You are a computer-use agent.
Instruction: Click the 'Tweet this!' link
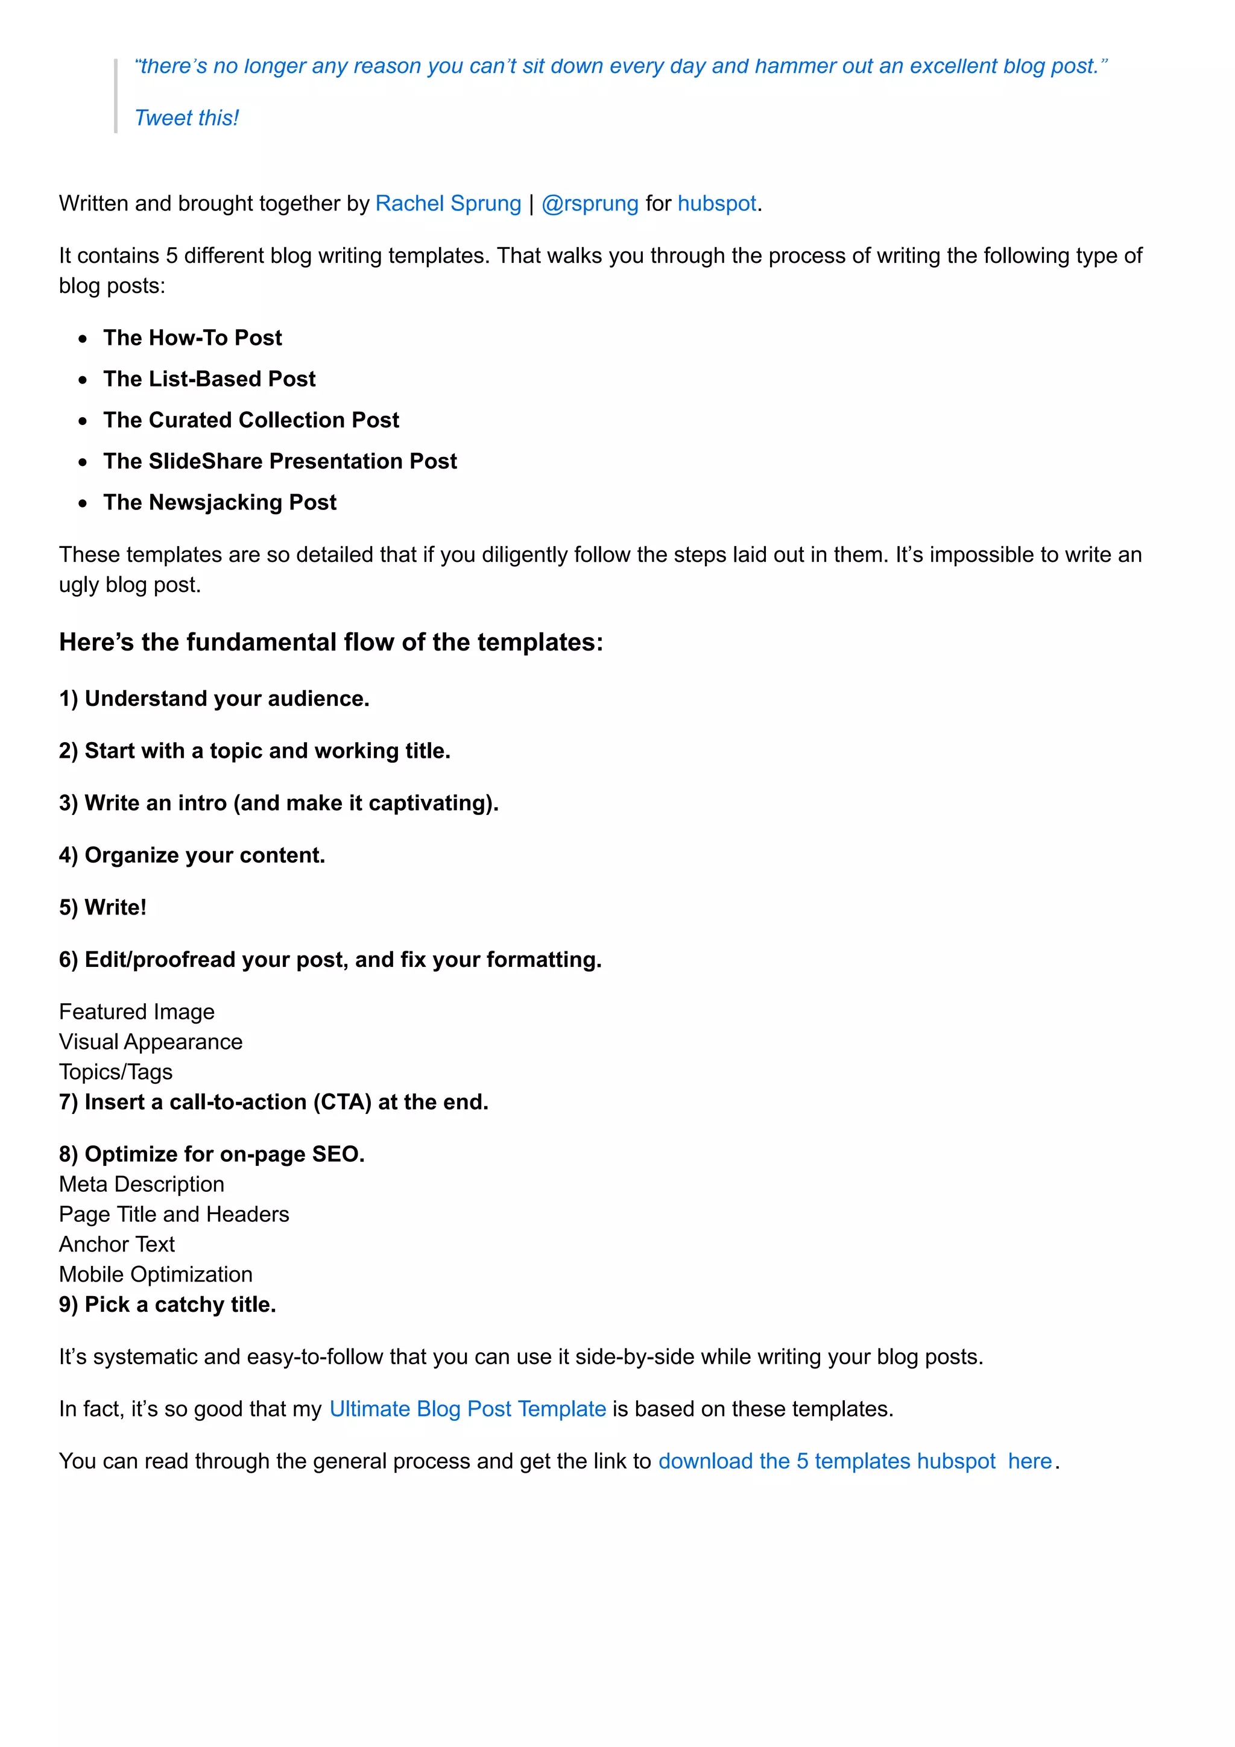186,118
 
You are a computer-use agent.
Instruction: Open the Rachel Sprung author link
447,203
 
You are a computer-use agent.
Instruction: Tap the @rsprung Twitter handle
590,203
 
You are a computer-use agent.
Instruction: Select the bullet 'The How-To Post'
192,337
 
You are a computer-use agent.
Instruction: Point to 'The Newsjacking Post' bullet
220,502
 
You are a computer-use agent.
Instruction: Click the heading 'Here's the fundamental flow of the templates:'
331,642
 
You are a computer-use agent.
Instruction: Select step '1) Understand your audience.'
214,699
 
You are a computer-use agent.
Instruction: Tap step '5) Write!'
103,907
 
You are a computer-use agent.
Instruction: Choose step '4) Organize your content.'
192,855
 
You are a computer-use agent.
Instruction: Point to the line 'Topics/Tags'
116,1071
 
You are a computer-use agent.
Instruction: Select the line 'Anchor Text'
117,1244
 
